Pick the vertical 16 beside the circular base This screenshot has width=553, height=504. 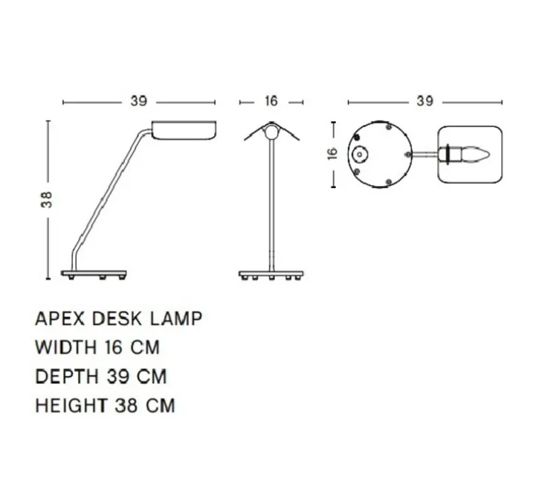point(333,153)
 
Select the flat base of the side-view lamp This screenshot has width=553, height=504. point(94,274)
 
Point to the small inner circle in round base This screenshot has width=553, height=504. point(360,155)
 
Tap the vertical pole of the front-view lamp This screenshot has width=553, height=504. point(272,208)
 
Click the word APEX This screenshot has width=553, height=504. point(59,319)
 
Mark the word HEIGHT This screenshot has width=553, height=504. point(71,406)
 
